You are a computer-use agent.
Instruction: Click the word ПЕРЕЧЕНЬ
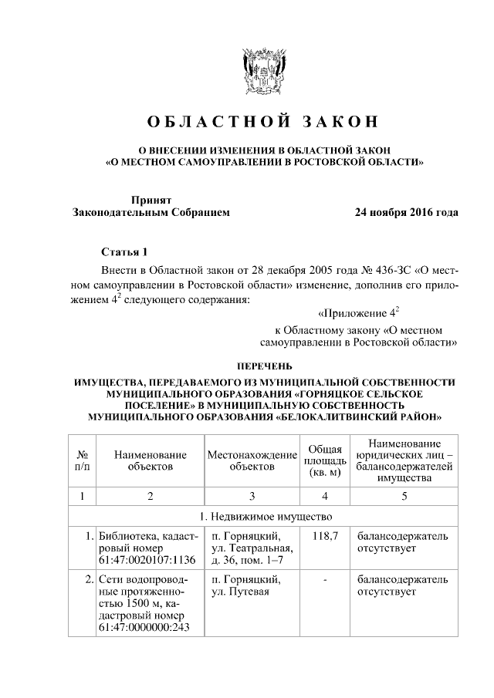(x=265, y=366)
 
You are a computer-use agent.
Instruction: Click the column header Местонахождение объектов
(x=252, y=460)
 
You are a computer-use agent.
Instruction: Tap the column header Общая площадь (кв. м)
(x=325, y=460)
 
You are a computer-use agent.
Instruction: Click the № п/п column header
(x=82, y=460)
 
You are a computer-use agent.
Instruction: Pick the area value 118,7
(x=325, y=535)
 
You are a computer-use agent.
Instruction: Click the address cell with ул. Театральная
(x=250, y=548)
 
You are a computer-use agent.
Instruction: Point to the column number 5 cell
(x=403, y=495)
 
